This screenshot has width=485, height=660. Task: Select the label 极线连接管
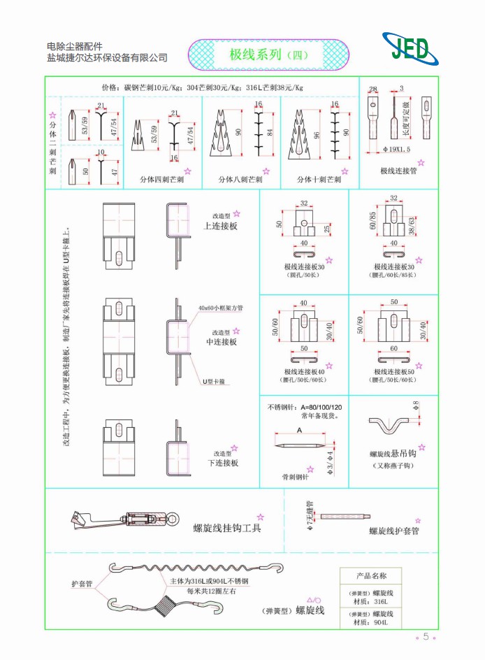[x=398, y=171]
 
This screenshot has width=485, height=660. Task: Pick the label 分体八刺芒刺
[x=240, y=180]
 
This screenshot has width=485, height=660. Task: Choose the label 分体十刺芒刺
[x=318, y=180]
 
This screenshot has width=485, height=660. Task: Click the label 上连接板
[x=220, y=226]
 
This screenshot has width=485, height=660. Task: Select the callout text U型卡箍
[x=212, y=381]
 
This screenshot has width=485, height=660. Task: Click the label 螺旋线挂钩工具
[x=227, y=528]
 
